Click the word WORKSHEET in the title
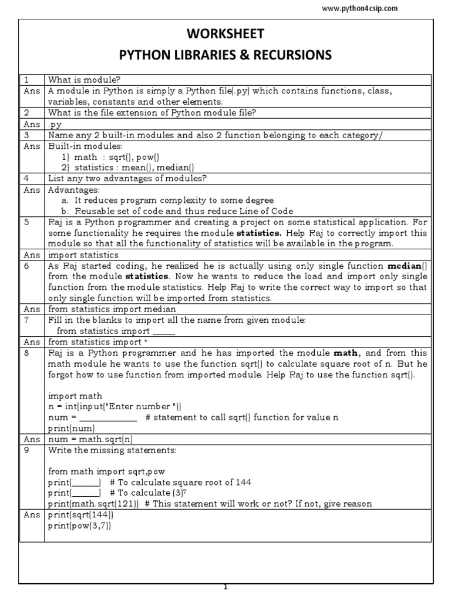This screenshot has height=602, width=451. point(225,34)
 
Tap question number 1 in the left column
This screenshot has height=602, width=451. point(26,79)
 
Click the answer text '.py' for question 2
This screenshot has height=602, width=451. point(55,125)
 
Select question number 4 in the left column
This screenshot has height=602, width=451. point(26,179)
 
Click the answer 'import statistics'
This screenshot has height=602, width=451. point(83,255)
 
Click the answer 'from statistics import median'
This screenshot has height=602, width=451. point(112,309)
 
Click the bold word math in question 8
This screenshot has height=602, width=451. point(345,353)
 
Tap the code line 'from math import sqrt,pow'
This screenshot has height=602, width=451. point(103,471)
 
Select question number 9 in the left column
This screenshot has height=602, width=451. point(26,450)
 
